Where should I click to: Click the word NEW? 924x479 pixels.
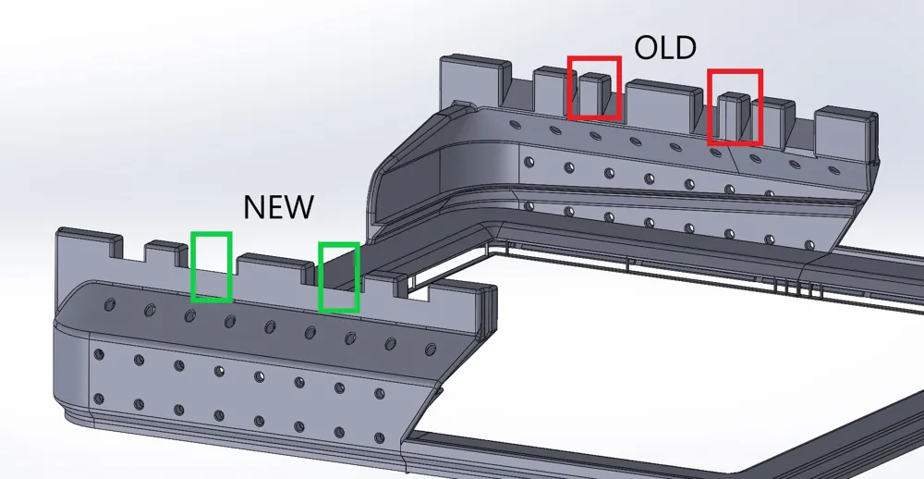click(278, 206)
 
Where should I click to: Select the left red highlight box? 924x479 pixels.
click(593, 87)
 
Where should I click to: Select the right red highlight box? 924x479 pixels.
click(735, 106)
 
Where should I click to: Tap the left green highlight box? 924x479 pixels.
click(211, 266)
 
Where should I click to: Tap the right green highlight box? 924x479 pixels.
click(338, 276)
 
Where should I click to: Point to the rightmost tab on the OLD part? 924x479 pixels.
click(844, 129)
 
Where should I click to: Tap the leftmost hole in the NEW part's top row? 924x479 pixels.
click(110, 304)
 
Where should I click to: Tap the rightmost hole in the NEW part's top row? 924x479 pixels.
click(430, 349)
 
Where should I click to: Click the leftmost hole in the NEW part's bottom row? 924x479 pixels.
click(98, 399)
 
